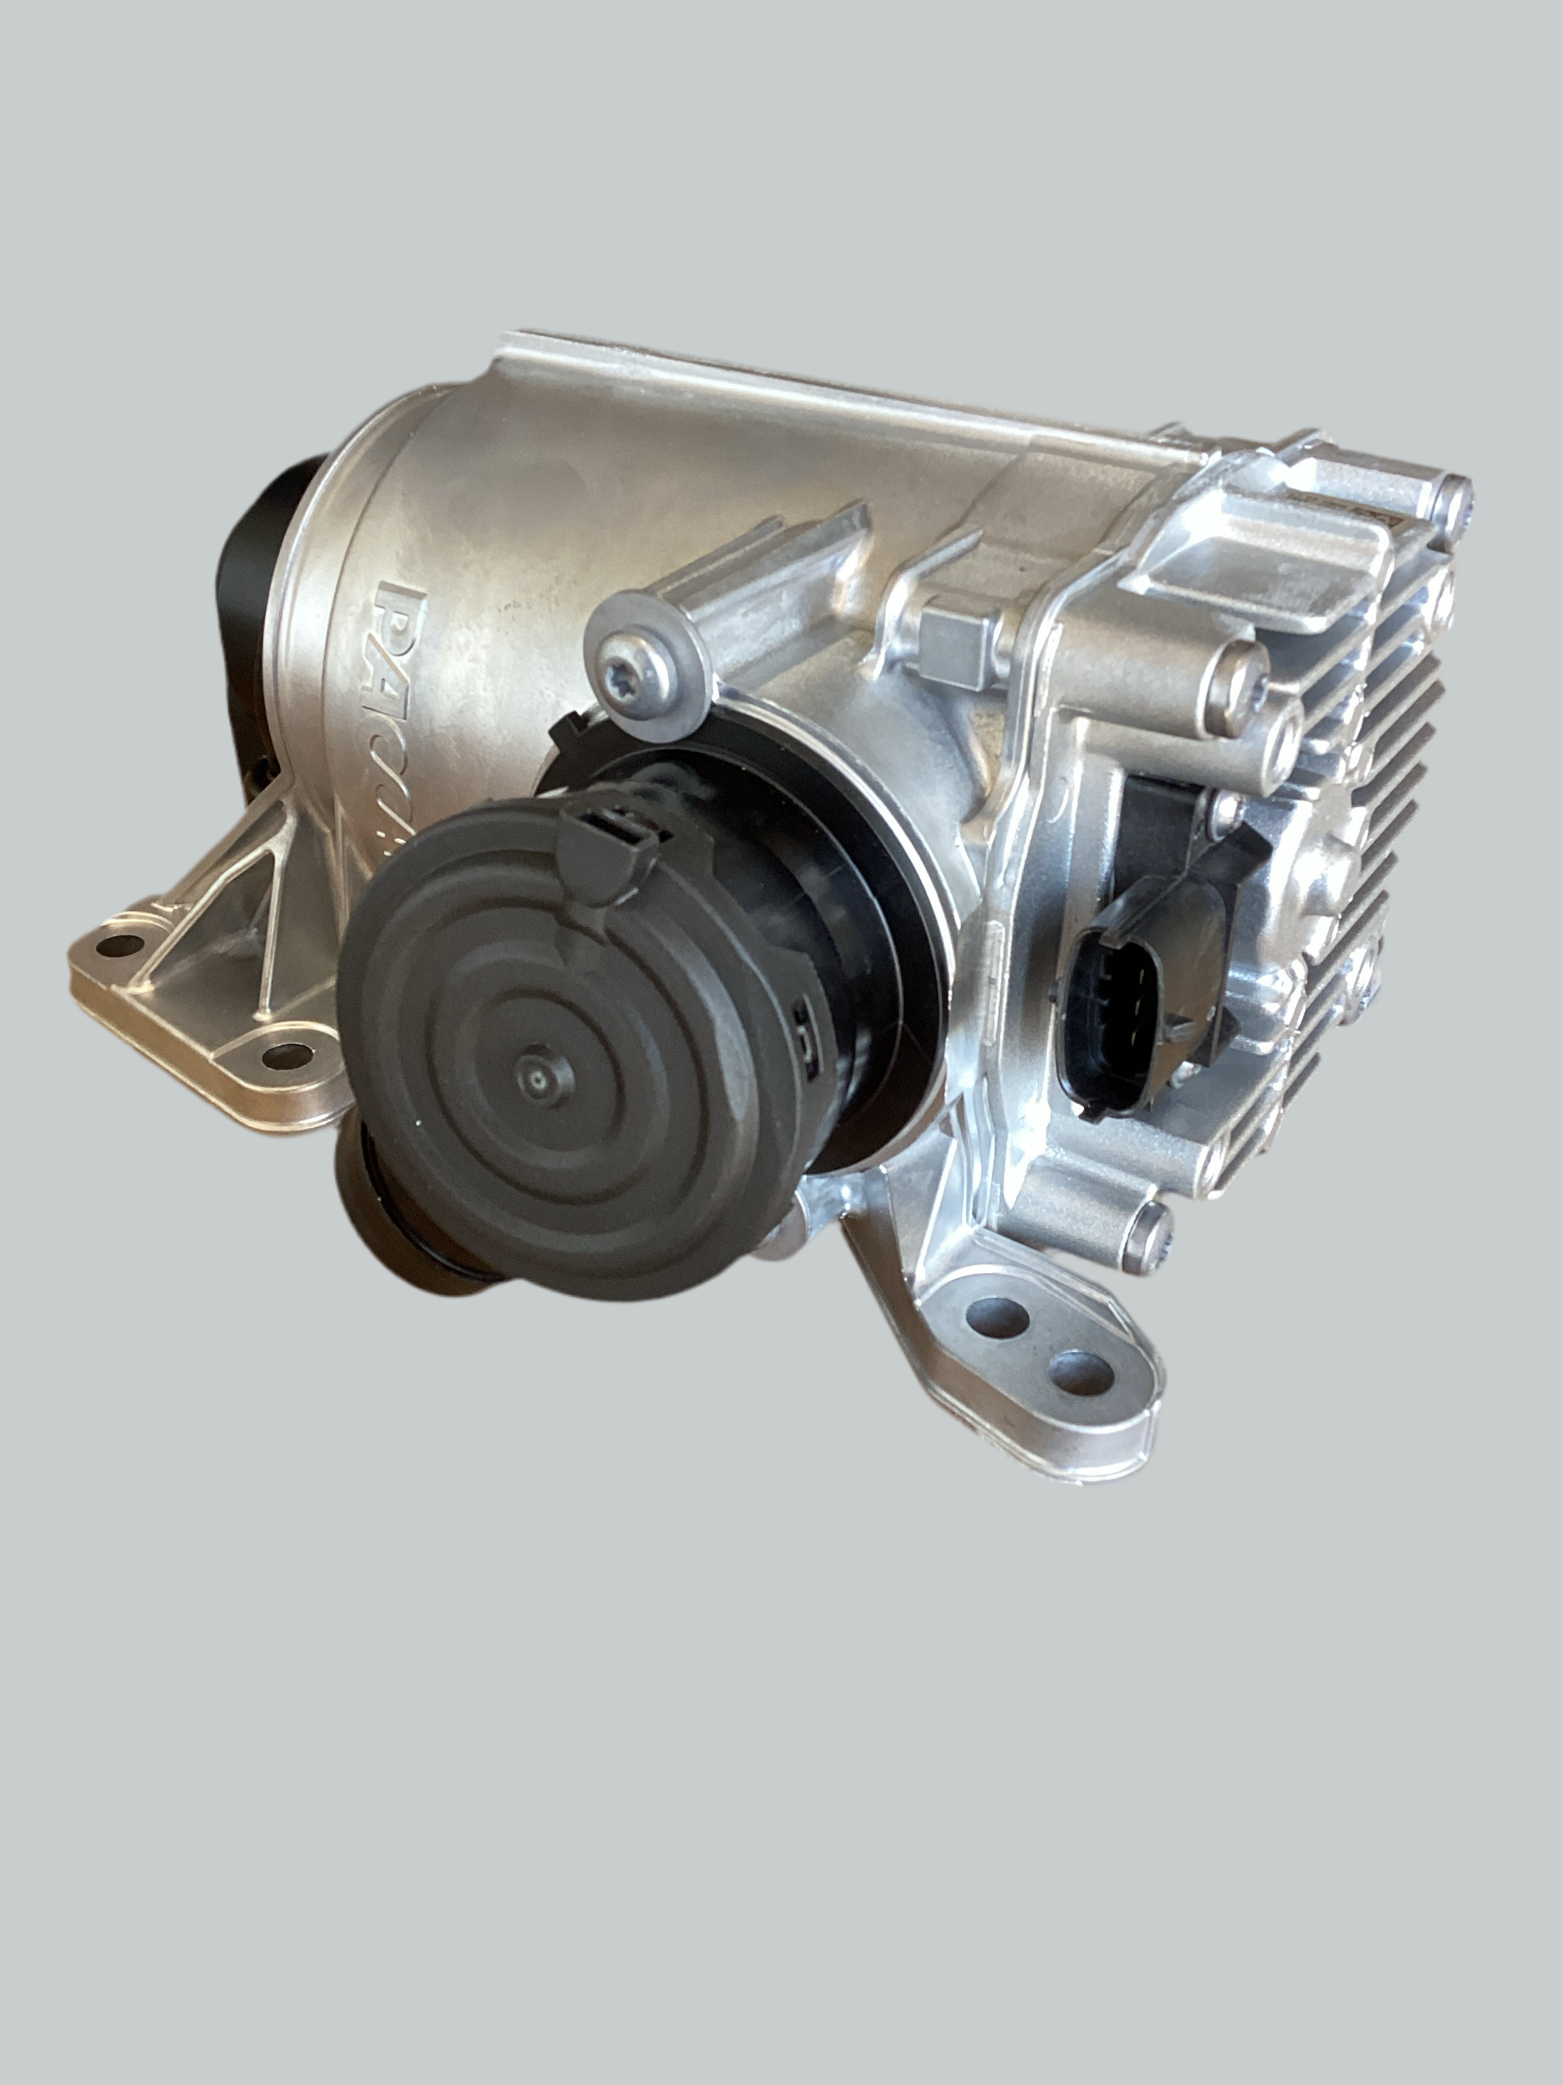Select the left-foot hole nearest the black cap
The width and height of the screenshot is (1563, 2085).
coord(281,1056)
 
